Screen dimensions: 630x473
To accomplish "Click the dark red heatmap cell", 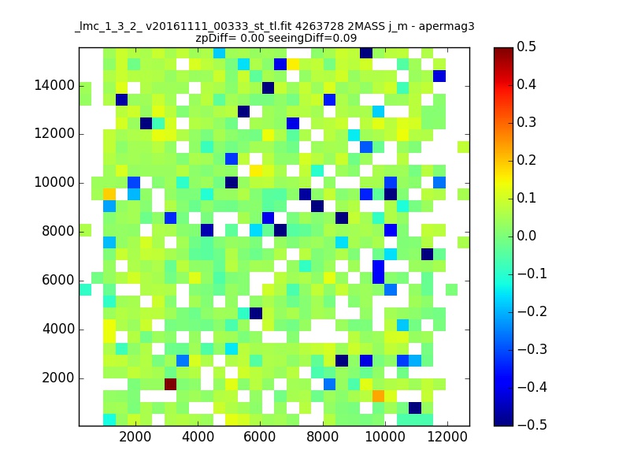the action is click(170, 384).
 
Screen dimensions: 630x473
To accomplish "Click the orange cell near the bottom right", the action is click(379, 397).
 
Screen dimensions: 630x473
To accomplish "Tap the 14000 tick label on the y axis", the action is click(54, 85).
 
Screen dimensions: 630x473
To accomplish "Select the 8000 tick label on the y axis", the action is click(58, 231).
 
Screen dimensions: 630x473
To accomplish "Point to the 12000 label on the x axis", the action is click(447, 437).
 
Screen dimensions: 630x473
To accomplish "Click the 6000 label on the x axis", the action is click(260, 437).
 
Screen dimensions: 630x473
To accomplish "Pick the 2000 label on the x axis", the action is click(135, 437).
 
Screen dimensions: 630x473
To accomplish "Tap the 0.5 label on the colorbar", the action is click(526, 47).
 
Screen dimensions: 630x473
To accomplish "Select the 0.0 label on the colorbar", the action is click(526, 236).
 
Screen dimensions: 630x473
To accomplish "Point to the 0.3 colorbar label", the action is click(526, 122).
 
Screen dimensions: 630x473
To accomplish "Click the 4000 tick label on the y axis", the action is click(58, 329).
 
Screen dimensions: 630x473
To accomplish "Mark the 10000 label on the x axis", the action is click(385, 437).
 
